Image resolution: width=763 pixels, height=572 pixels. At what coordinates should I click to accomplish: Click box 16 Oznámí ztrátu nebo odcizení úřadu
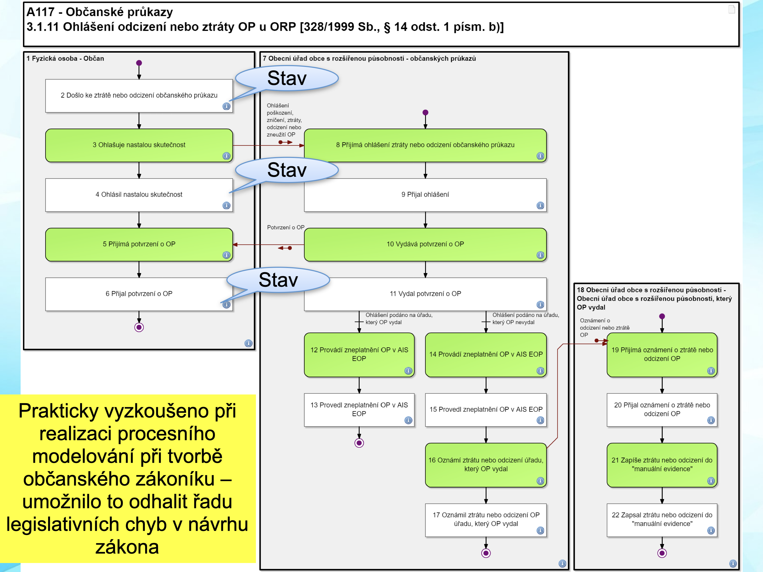pos(486,465)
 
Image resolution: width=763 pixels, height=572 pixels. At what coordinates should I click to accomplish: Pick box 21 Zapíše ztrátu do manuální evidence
pos(661,465)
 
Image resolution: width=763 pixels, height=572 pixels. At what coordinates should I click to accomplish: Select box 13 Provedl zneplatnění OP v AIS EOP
pos(359,409)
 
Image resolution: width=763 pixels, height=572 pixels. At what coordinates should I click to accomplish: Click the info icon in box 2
pos(226,106)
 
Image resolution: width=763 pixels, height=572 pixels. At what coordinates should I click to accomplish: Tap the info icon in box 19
pos(711,371)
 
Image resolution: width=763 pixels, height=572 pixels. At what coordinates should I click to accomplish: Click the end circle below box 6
pos(139,327)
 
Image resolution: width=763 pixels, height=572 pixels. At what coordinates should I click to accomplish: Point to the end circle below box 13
pos(359,443)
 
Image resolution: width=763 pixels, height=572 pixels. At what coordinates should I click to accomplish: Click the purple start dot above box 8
pos(425,112)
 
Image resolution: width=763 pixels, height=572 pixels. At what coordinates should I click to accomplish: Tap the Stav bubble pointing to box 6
pos(278,280)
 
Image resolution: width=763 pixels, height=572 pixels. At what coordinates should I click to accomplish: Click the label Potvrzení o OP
pos(286,228)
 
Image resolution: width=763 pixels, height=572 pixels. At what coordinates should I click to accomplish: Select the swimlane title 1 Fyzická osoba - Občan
pos(65,59)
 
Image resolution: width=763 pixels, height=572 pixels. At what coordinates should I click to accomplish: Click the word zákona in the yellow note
pos(127,547)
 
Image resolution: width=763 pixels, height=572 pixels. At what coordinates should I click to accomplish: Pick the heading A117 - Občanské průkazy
pos(100,12)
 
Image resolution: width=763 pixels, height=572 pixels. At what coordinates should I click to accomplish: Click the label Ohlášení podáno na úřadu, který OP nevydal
pos(525,319)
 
